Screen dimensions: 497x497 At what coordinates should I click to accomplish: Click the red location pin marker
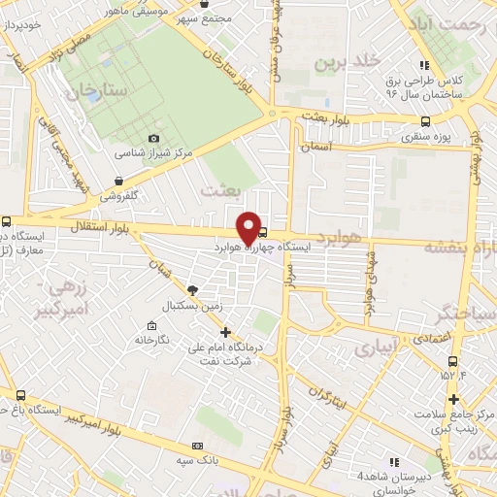coord(248,226)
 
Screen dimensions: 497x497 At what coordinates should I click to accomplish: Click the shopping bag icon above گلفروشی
coord(118,180)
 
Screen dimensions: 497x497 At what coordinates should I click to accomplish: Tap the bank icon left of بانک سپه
coord(198,446)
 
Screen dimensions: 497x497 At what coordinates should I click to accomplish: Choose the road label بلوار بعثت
coord(324,116)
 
